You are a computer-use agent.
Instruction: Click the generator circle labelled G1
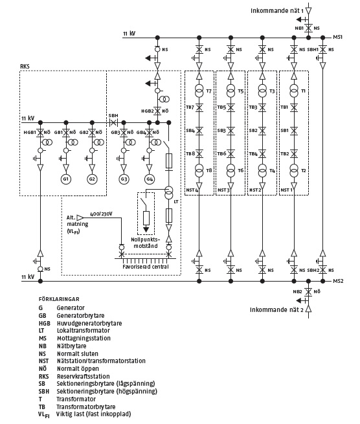(66, 179)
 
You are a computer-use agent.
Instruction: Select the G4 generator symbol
(150, 179)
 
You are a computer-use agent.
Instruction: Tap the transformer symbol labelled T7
(199, 91)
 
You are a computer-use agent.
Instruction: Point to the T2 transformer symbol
(294, 170)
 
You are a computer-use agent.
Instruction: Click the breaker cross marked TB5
(231, 107)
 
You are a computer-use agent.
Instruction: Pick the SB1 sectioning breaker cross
(294, 131)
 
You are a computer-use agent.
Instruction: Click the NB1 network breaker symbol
(308, 28)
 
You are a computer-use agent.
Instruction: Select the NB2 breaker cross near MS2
(308, 291)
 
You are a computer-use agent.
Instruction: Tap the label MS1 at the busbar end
(338, 37)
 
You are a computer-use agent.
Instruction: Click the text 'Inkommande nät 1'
(277, 11)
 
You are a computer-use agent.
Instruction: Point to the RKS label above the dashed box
(25, 66)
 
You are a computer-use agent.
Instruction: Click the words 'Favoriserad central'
(146, 267)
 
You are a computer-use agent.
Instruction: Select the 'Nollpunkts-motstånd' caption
(146, 243)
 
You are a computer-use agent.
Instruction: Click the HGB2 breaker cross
(157, 111)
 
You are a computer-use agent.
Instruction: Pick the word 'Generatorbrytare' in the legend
(80, 315)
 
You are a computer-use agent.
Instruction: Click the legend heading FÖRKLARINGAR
(59, 299)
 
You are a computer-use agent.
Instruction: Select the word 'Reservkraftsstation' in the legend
(84, 376)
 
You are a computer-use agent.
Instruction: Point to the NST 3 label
(223, 190)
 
